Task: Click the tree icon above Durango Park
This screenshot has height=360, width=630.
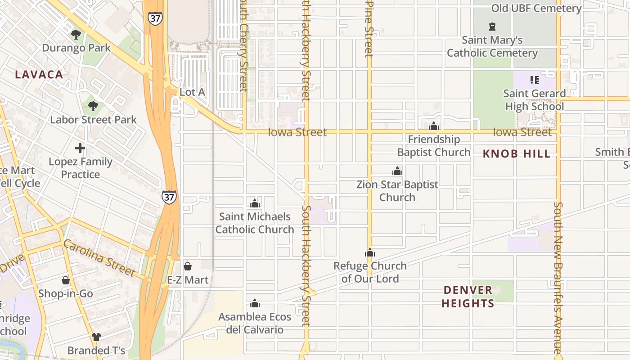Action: tap(76, 34)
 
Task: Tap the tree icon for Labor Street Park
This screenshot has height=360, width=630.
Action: tap(93, 106)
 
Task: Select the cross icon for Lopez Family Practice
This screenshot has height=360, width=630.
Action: tap(80, 148)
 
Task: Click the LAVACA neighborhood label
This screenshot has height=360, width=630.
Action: tap(39, 75)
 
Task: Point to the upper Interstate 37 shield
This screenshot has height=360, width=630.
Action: tap(155, 18)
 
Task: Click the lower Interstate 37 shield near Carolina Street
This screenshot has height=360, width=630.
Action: tap(169, 197)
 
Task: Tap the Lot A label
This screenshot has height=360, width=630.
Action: tap(192, 92)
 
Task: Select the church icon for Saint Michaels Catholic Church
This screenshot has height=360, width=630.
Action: tap(255, 203)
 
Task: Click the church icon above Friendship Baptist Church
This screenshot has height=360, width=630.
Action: tap(434, 126)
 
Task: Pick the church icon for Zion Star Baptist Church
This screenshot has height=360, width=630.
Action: tap(397, 171)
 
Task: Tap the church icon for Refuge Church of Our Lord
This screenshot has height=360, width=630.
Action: tap(370, 252)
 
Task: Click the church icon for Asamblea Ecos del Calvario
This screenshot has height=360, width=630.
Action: tap(255, 303)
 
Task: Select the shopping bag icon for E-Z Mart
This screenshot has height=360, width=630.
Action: tap(188, 266)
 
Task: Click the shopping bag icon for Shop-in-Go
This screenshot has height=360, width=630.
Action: tap(66, 280)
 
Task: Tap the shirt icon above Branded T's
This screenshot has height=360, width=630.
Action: tap(96, 337)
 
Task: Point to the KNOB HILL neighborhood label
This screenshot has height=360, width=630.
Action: tap(516, 154)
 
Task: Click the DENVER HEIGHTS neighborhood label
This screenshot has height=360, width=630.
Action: tap(468, 297)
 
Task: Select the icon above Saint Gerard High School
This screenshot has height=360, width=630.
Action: tap(534, 80)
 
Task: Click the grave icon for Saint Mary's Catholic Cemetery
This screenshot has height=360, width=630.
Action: tap(492, 27)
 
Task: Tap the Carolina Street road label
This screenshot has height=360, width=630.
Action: tap(99, 258)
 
